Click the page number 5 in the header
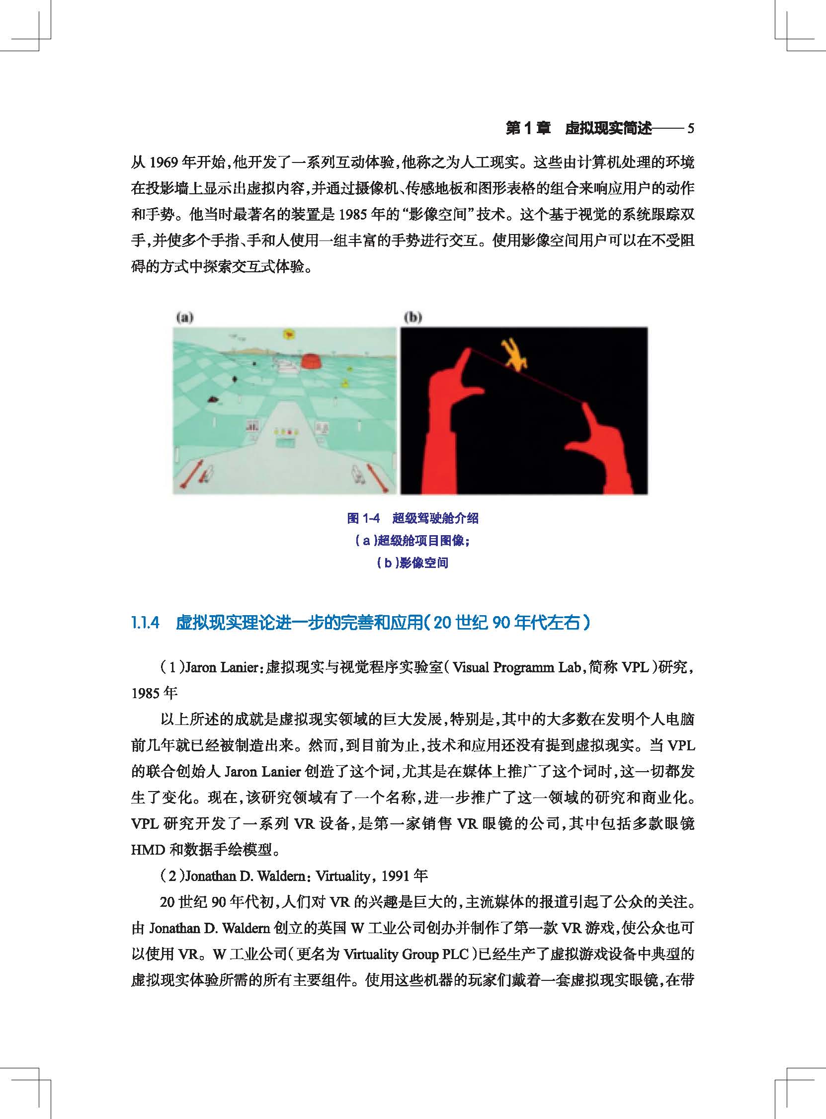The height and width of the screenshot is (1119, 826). click(x=690, y=128)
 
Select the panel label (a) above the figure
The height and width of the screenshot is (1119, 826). click(x=185, y=317)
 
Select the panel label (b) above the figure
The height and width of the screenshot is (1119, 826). click(x=413, y=317)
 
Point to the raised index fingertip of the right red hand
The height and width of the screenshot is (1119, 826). click(x=585, y=408)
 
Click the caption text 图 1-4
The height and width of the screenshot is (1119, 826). click(x=363, y=518)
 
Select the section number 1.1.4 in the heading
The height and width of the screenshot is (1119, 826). click(x=145, y=623)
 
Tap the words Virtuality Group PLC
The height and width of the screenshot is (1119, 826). click(x=405, y=954)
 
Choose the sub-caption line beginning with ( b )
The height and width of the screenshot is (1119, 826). click(x=413, y=563)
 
